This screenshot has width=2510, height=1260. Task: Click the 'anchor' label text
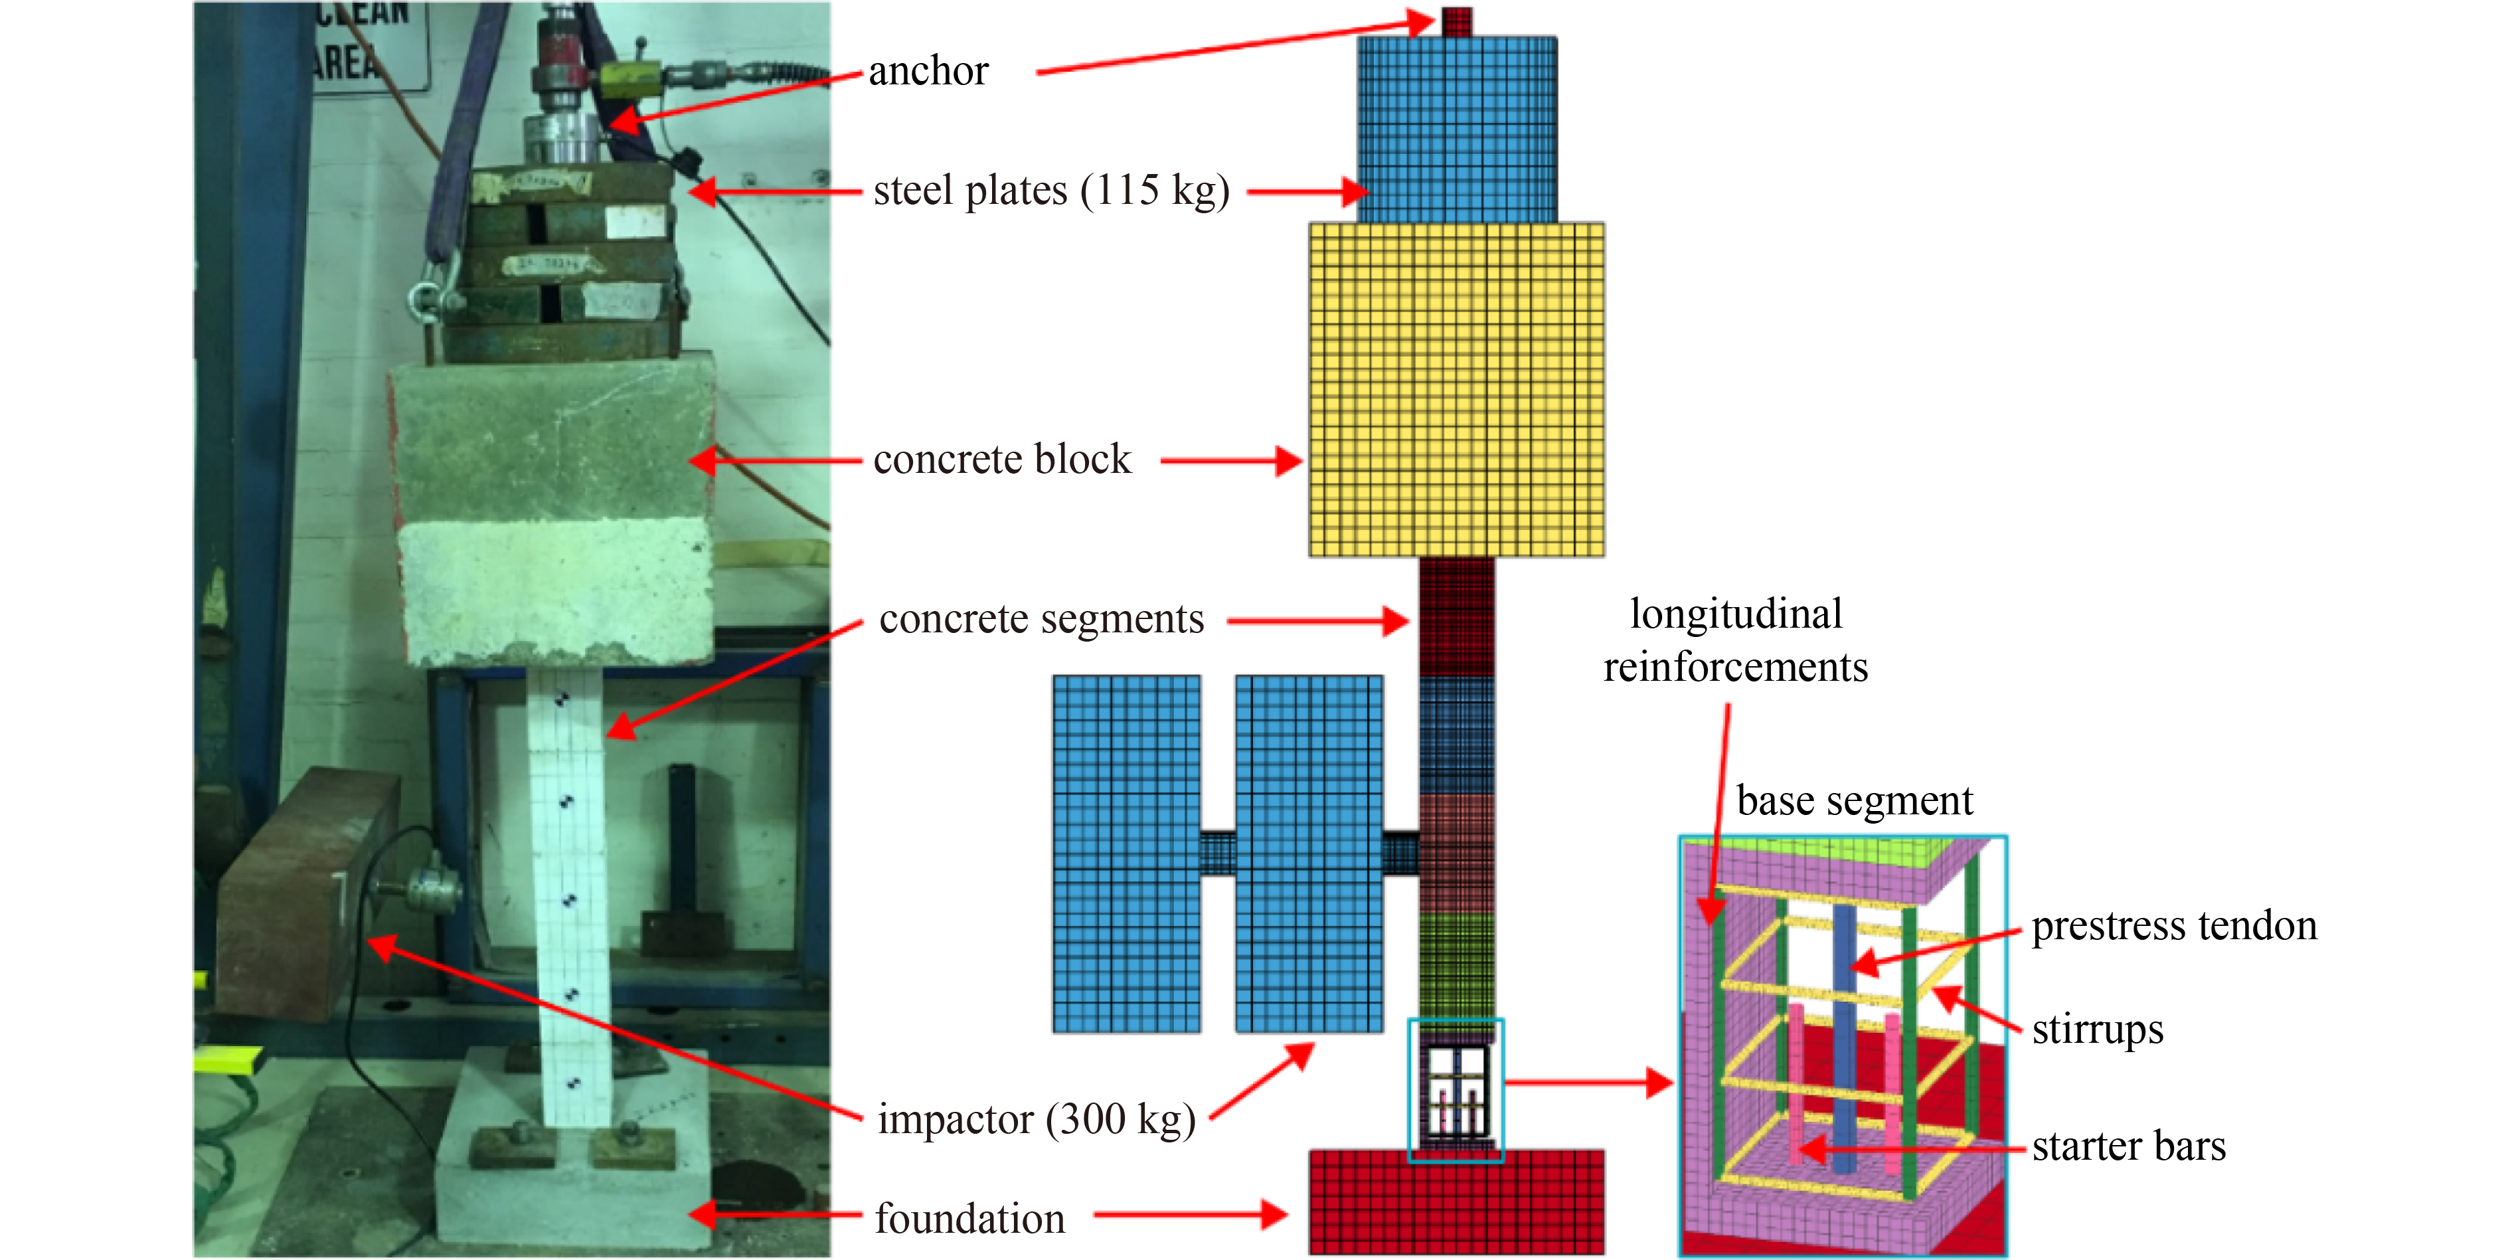(x=928, y=71)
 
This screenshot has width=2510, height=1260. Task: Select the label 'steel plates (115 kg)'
(x=1050, y=191)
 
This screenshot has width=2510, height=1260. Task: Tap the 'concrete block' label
(x=1001, y=460)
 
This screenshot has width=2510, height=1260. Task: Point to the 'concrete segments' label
(x=1041, y=620)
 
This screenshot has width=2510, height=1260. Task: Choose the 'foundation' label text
(x=969, y=1219)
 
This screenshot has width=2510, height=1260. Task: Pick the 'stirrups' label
(x=2097, y=1029)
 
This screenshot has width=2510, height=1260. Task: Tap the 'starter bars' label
(x=2128, y=1146)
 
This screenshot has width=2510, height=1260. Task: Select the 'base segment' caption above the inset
(x=1854, y=801)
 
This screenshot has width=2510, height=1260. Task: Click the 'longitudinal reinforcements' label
(x=1735, y=641)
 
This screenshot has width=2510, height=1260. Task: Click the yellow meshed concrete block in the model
(x=1456, y=390)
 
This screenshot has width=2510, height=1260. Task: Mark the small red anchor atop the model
(x=1457, y=21)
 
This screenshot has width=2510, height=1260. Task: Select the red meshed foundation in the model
(x=1456, y=1204)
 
